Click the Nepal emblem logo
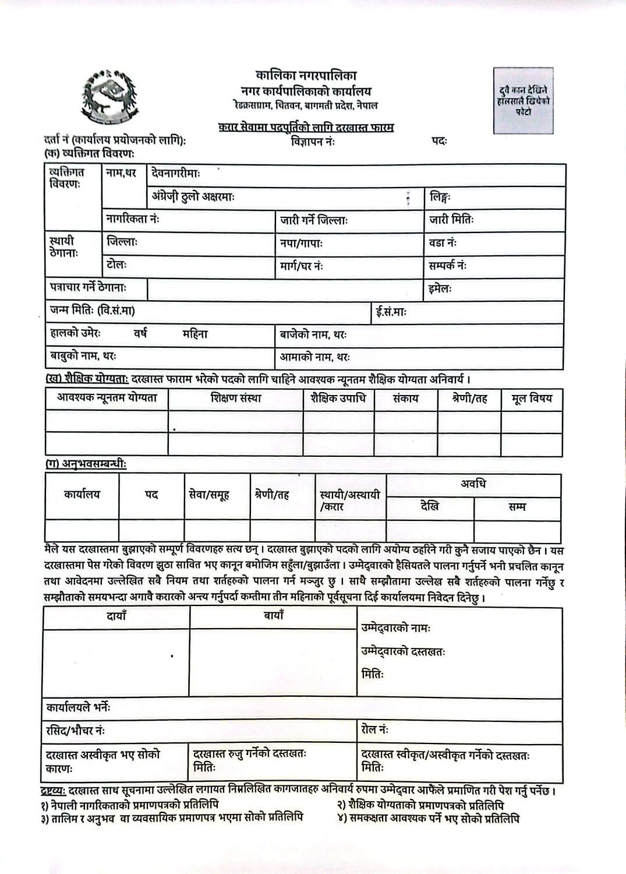click(x=110, y=95)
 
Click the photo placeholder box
click(x=523, y=100)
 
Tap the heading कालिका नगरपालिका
click(x=306, y=75)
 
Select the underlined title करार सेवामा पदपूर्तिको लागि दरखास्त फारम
click(x=306, y=127)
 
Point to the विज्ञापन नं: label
click(x=313, y=142)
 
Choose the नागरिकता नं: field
click(x=133, y=220)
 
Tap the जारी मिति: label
click(x=451, y=220)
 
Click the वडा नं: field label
click(x=443, y=243)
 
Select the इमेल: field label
click(x=440, y=288)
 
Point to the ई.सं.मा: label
click(x=391, y=312)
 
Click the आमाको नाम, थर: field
click(x=314, y=357)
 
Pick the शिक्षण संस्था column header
click(x=236, y=399)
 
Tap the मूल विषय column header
click(x=531, y=399)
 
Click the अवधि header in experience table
click(x=473, y=484)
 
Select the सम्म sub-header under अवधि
click(x=517, y=508)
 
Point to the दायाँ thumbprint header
click(x=116, y=616)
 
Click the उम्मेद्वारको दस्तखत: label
click(x=403, y=652)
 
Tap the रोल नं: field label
click(x=375, y=729)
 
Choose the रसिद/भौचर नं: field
click(x=76, y=731)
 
